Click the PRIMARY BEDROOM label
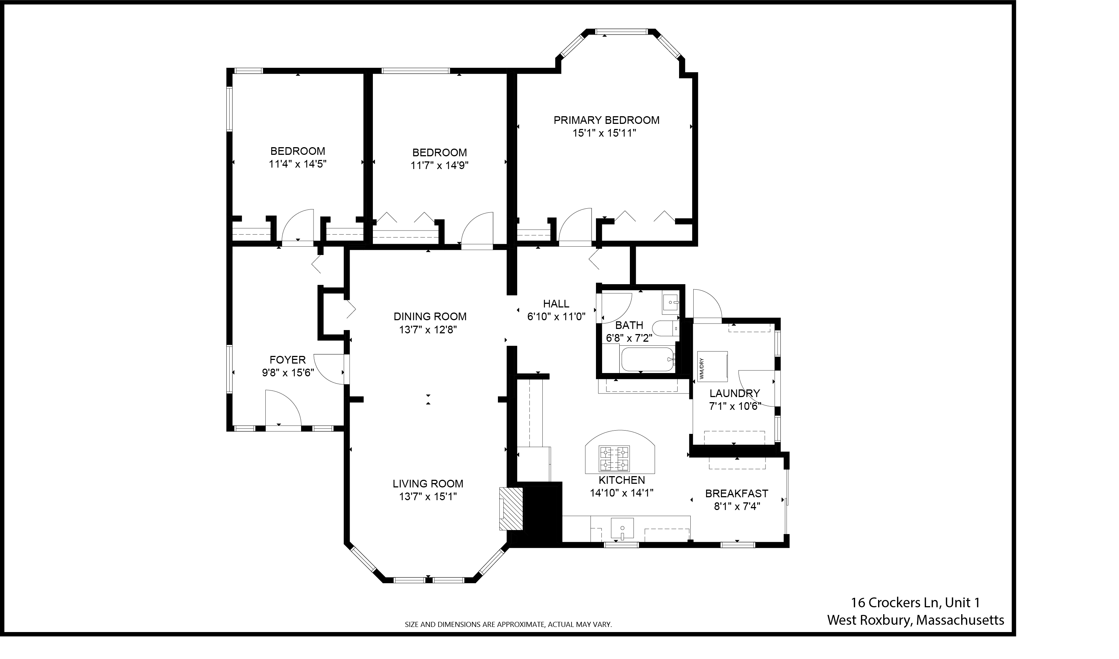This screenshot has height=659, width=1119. point(607,120)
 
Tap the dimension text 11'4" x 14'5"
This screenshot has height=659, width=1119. point(298,164)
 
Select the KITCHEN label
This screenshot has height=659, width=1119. point(621,480)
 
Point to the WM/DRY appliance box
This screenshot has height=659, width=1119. point(713,366)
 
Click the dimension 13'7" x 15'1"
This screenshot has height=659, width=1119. point(428,497)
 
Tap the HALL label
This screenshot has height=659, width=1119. point(556,304)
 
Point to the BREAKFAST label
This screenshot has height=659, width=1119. point(737,493)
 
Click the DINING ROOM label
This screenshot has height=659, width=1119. point(430,317)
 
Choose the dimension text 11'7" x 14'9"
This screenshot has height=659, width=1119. point(440,166)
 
